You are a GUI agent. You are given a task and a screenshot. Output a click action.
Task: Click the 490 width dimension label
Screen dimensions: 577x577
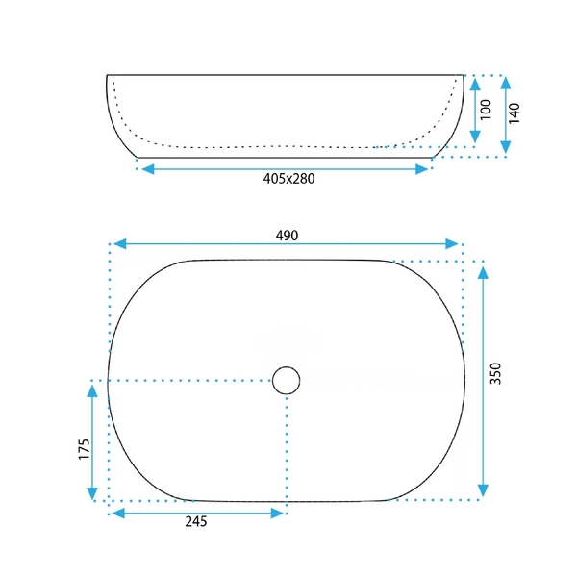point(287,236)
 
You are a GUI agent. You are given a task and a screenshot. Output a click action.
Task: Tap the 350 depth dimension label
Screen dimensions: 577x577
point(495,373)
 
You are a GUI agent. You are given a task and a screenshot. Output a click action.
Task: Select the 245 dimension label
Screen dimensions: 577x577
point(196,521)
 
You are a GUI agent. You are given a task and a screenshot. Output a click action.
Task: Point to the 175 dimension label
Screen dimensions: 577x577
point(84,448)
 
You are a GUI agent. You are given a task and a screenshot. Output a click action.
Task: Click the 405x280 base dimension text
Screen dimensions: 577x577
point(288,179)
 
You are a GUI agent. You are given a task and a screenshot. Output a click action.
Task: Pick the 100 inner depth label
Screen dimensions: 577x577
point(486,110)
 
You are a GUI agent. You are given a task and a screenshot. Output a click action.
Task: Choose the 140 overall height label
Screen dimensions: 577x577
point(514,113)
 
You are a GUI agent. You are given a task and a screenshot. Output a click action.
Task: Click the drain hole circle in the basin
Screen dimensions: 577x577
point(287,381)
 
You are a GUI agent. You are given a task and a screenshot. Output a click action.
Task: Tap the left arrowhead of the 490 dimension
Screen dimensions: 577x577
point(120,243)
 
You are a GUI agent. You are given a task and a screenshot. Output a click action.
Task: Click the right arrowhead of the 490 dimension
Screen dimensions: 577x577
point(452,243)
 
